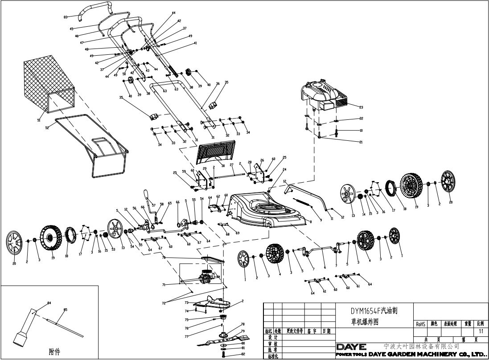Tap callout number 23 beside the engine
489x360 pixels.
click(361, 107)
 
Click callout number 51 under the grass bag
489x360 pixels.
click(38, 120)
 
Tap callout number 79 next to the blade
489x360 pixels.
click(243, 331)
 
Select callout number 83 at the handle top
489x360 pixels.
click(66, 17)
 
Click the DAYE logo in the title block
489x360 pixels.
click(351, 346)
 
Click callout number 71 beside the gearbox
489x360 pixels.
click(164, 284)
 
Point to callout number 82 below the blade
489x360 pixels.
click(243, 354)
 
